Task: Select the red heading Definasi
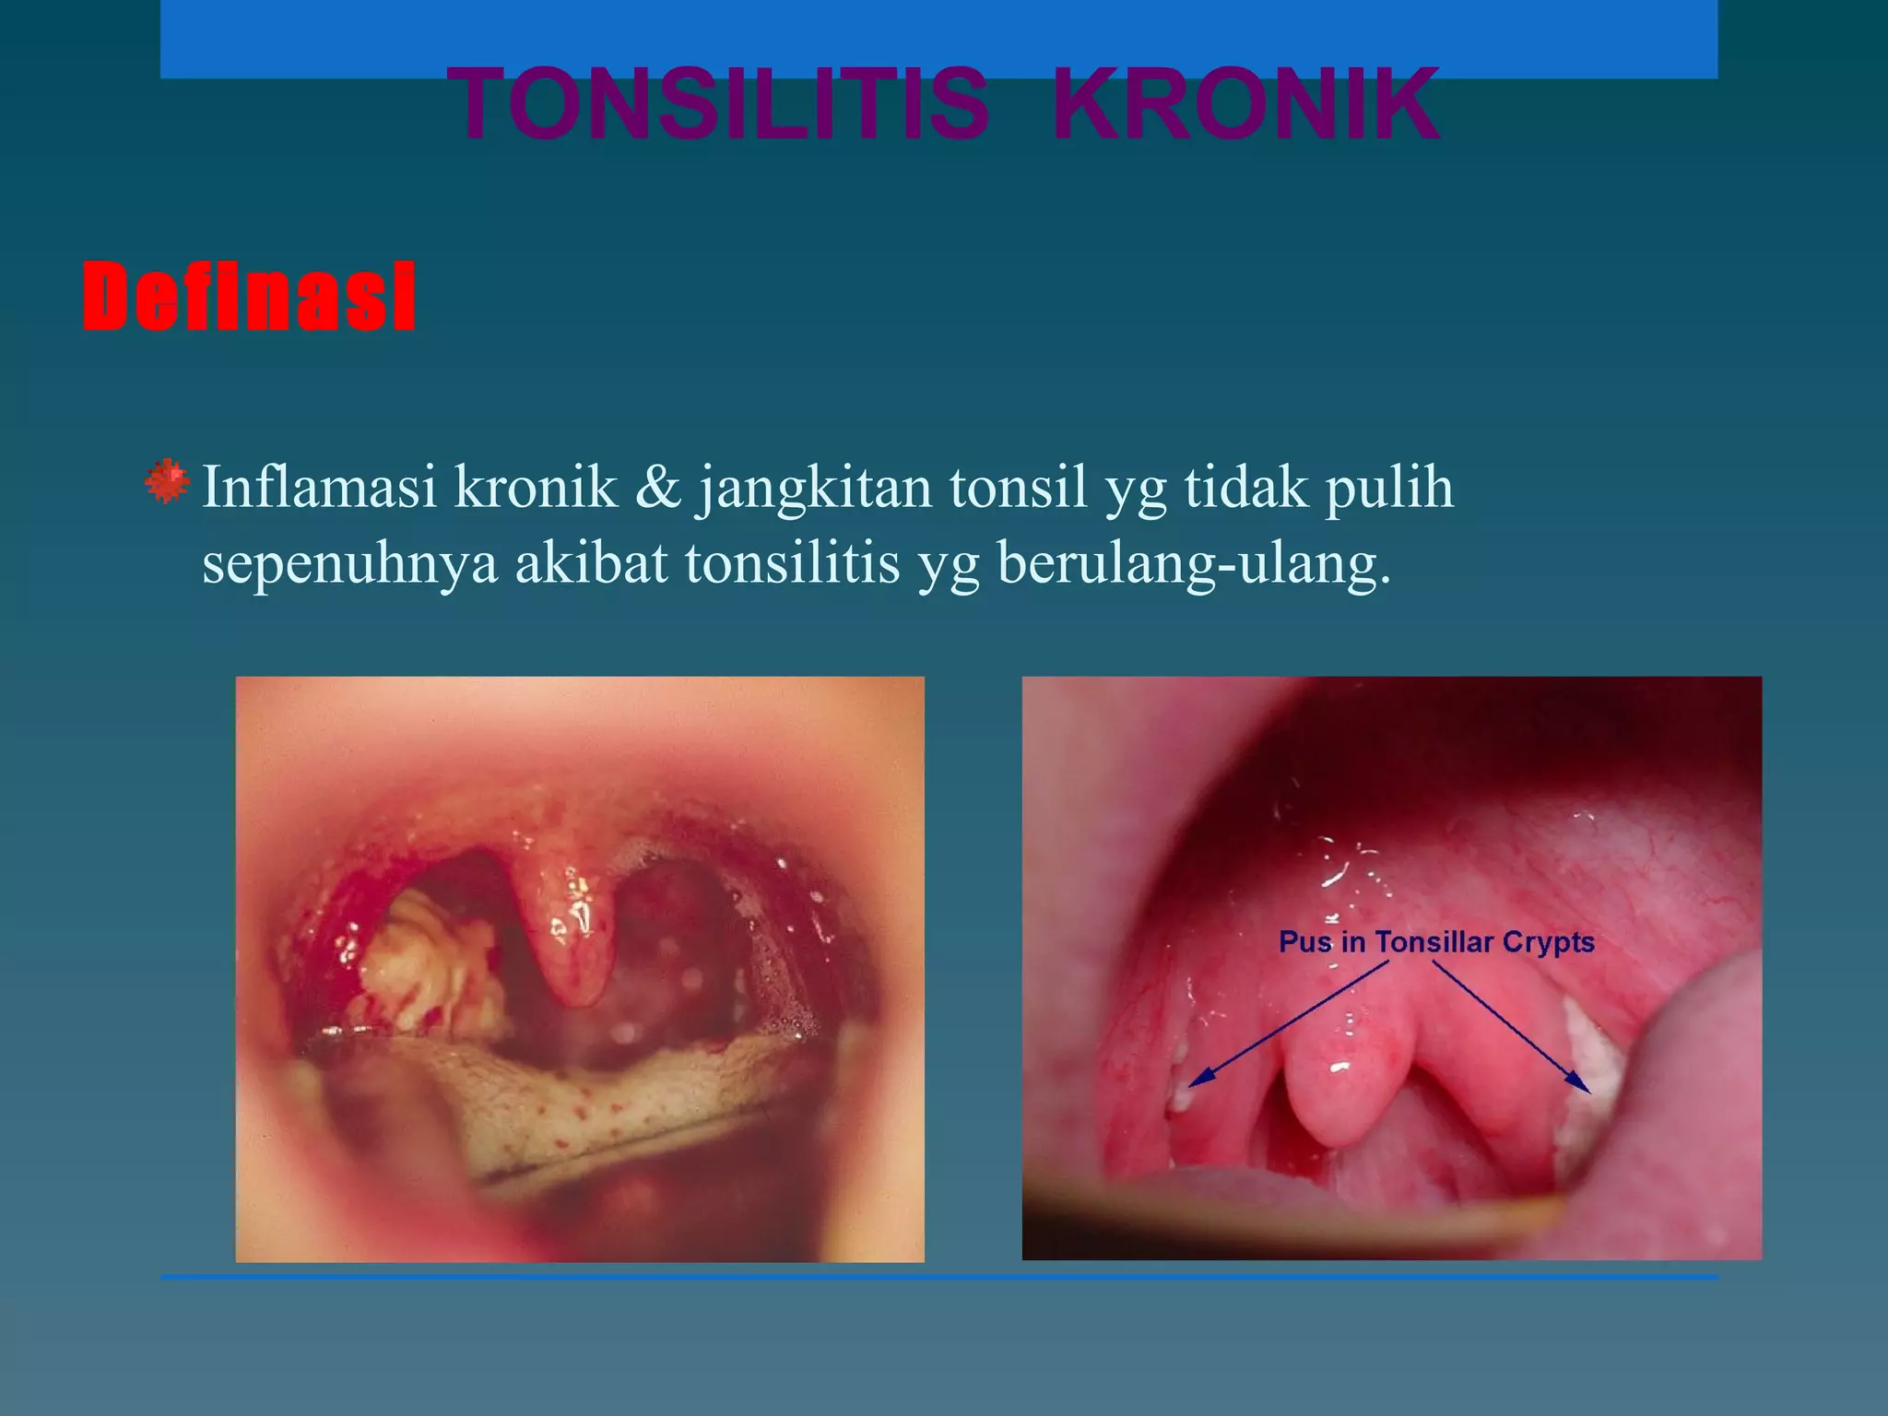(249, 296)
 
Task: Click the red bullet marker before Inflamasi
(167, 481)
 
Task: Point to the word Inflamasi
(319, 487)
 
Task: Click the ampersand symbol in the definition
(657, 487)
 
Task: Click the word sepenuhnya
(349, 564)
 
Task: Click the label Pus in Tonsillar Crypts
(1436, 942)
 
